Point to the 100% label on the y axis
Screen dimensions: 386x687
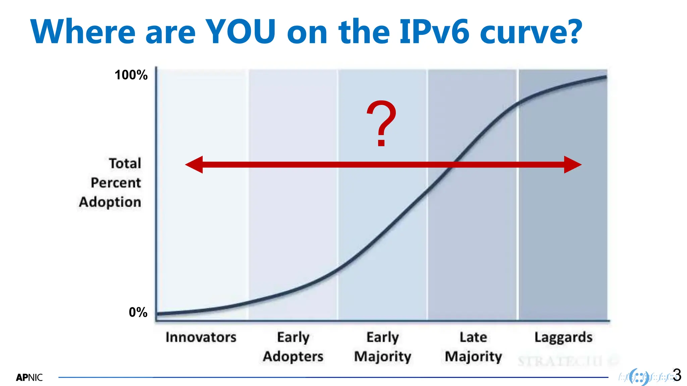pyautogui.click(x=131, y=75)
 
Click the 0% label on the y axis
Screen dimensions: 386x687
pyautogui.click(x=138, y=312)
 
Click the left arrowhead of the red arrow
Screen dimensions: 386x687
pyautogui.click(x=194, y=165)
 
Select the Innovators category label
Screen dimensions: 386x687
pyautogui.click(x=201, y=337)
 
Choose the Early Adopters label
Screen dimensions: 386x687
pyautogui.click(x=293, y=346)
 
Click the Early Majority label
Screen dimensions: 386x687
pyautogui.click(x=383, y=346)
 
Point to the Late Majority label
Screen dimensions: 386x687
pyautogui.click(x=473, y=346)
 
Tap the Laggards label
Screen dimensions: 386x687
pyautogui.click(x=563, y=337)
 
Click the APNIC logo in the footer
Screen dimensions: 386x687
pyautogui.click(x=29, y=378)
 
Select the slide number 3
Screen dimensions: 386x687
pyautogui.click(x=677, y=375)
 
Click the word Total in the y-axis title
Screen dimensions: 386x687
pyautogui.click(x=125, y=164)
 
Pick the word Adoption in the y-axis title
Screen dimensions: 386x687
pyautogui.click(x=110, y=202)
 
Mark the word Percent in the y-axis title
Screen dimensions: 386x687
pyautogui.click(x=116, y=183)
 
